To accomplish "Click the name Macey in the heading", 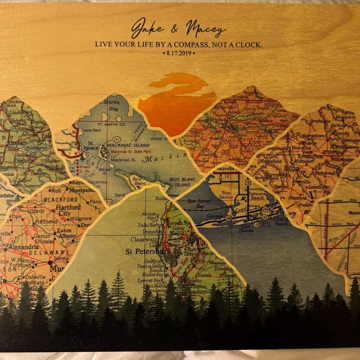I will [x=205, y=29].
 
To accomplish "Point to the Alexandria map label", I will [x=23, y=247].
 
